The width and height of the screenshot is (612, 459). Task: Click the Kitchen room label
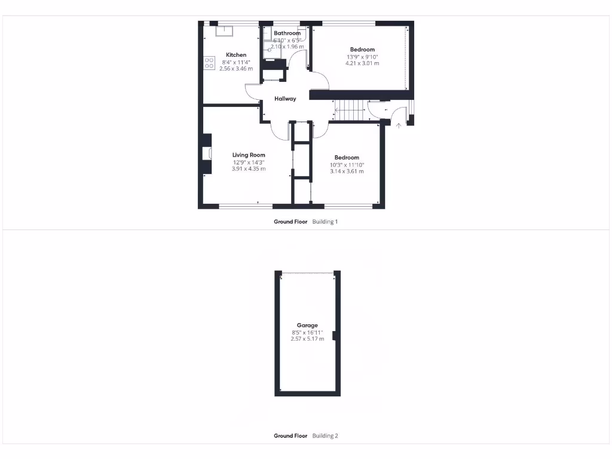coord(236,55)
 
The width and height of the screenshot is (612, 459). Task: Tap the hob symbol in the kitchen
coord(209,63)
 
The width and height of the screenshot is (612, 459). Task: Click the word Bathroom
coord(287,33)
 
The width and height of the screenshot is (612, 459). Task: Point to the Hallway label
coord(285,99)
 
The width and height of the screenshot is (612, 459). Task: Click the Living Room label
coord(249,155)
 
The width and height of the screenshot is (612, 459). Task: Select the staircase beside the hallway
coord(349,110)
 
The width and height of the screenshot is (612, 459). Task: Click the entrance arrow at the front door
coord(399,126)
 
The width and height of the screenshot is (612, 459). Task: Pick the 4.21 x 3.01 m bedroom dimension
coord(362,63)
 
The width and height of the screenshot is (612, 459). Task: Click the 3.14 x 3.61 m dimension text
coord(347,172)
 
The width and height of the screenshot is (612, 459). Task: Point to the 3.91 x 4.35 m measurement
coord(249,169)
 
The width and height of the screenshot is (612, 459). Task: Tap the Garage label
coord(307,325)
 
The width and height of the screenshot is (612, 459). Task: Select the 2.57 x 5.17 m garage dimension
coord(307,339)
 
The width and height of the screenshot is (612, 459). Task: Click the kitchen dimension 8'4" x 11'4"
coord(236,62)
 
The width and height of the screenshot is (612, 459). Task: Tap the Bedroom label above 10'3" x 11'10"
coord(347,157)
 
